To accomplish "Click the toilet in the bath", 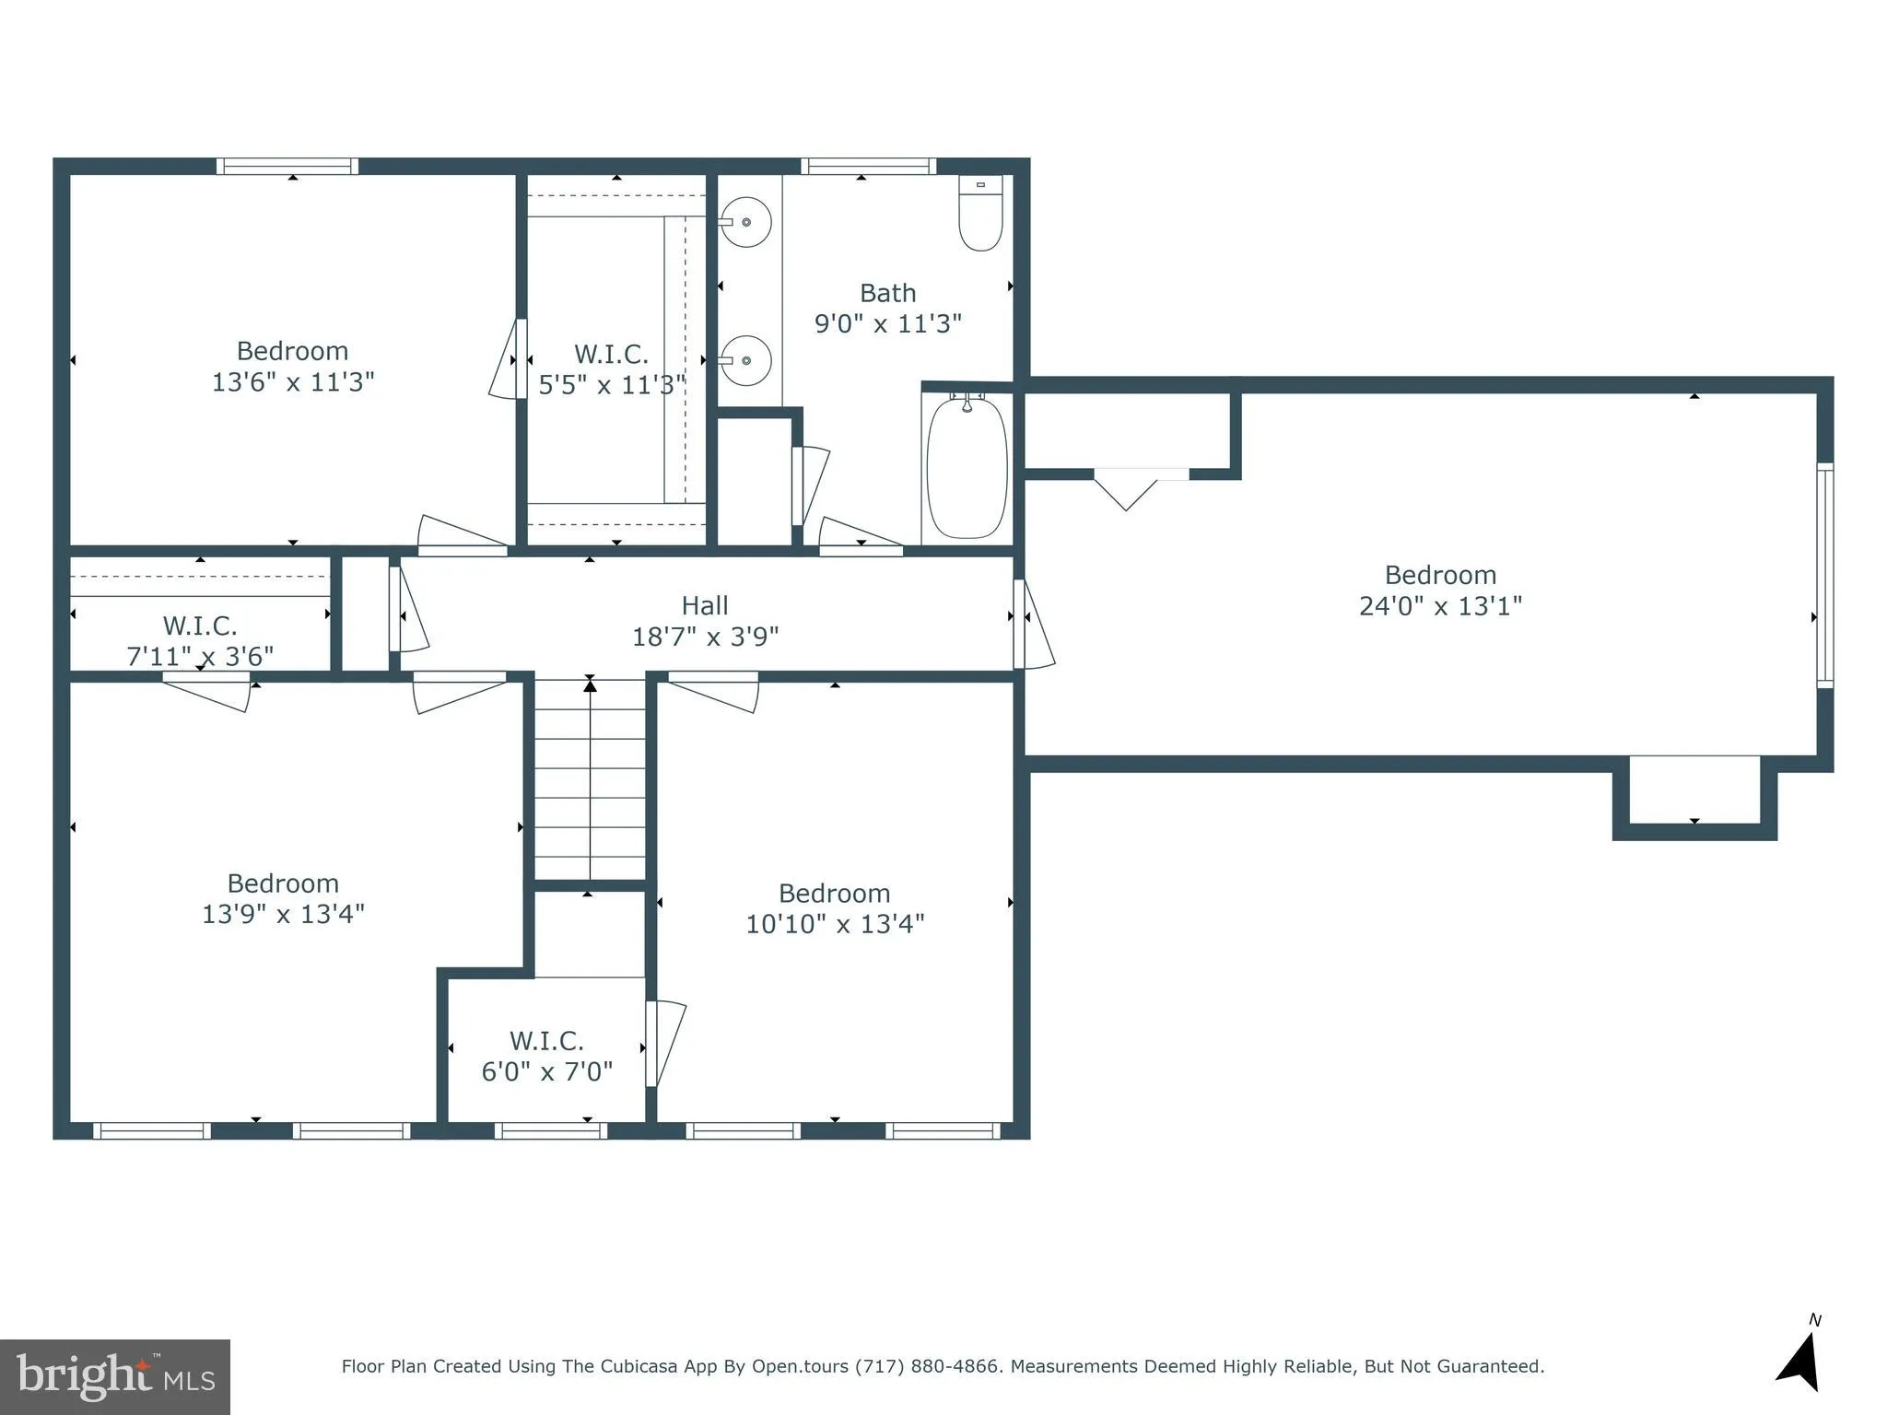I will pyautogui.click(x=980, y=214).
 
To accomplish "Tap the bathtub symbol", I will pyautogui.click(x=967, y=468).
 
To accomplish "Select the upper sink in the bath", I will pyautogui.click(x=745, y=222).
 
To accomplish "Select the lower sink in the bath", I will pyautogui.click(x=745, y=360).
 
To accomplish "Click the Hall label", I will pyautogui.click(x=705, y=605).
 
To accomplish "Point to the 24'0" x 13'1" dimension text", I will pyautogui.click(x=1440, y=606).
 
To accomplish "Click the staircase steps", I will pyautogui.click(x=590, y=778).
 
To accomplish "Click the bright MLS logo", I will pyautogui.click(x=115, y=1376).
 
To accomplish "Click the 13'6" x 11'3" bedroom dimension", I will pyautogui.click(x=293, y=382).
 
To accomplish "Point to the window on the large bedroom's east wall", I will pyautogui.click(x=1824, y=576).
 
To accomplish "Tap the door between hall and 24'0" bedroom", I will pyautogui.click(x=1032, y=624).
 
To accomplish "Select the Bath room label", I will pyautogui.click(x=887, y=293).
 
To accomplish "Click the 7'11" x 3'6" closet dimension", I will pyautogui.click(x=200, y=656).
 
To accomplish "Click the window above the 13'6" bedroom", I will pyautogui.click(x=287, y=167).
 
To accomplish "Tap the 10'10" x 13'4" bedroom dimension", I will pyautogui.click(x=835, y=924).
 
